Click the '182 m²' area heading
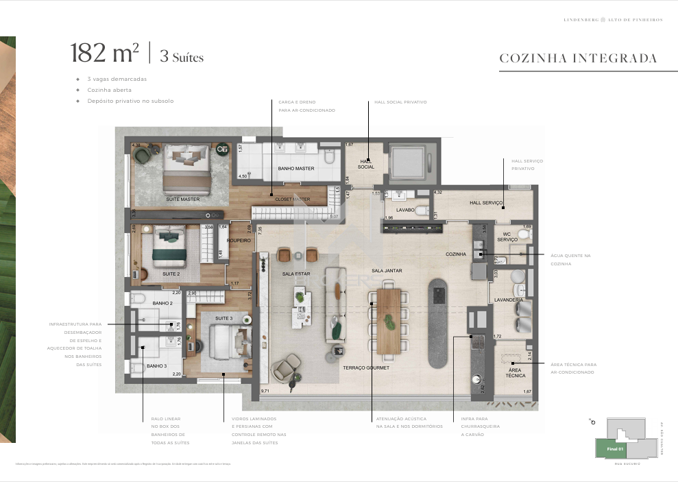[x=104, y=53]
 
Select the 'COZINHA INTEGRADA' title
[x=578, y=58]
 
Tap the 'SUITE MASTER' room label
[x=182, y=200]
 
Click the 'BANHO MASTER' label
[x=296, y=168]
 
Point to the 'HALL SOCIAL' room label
[x=366, y=164]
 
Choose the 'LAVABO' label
[x=405, y=210]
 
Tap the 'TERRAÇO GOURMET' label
[x=366, y=368]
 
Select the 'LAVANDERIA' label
[x=509, y=300]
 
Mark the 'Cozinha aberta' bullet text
[x=109, y=90]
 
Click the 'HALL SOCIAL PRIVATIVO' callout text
[x=400, y=102]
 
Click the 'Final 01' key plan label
[x=615, y=448]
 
